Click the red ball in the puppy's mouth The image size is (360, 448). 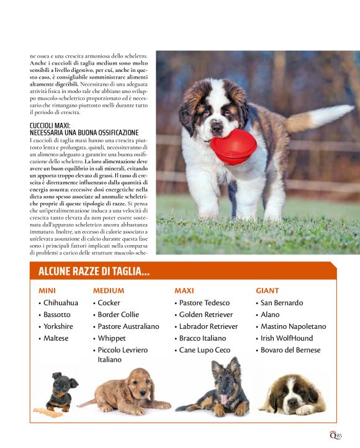(233, 146)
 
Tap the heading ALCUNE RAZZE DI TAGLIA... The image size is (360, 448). (94, 272)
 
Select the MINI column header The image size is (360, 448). (47, 290)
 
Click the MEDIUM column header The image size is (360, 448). (109, 290)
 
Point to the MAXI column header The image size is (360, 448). (184, 290)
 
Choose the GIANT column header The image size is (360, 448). (268, 290)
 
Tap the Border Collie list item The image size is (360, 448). (118, 315)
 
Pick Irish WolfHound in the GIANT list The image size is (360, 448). (286, 338)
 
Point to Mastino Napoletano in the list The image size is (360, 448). (293, 326)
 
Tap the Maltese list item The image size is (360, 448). (56, 338)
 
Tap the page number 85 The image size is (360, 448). (339, 436)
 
